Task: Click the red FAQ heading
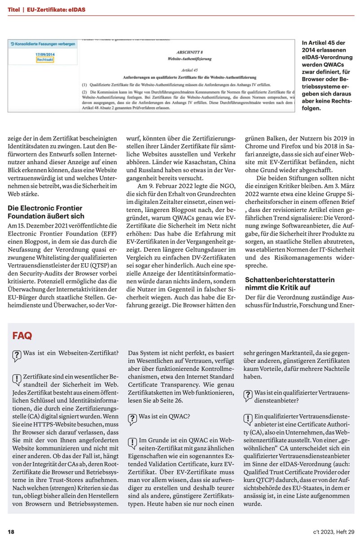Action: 22,336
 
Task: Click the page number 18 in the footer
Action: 11,532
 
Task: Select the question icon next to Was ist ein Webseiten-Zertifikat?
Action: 17,356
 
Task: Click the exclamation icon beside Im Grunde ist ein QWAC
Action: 132,442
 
